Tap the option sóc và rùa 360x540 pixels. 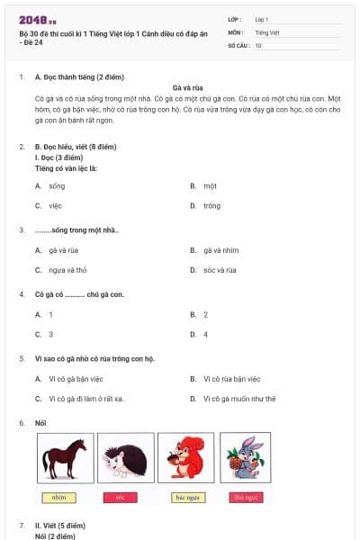point(220,270)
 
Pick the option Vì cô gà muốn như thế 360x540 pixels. point(238,399)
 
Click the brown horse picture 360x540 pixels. point(64,458)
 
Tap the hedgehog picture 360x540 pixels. point(125,458)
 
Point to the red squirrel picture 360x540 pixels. point(186,458)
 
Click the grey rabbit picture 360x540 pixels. point(245,458)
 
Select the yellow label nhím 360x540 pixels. point(59,497)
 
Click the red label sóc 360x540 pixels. point(121,497)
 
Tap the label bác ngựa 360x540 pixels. point(186,497)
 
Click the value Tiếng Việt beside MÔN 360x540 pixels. point(266,31)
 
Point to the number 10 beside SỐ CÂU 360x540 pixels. point(258,44)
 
